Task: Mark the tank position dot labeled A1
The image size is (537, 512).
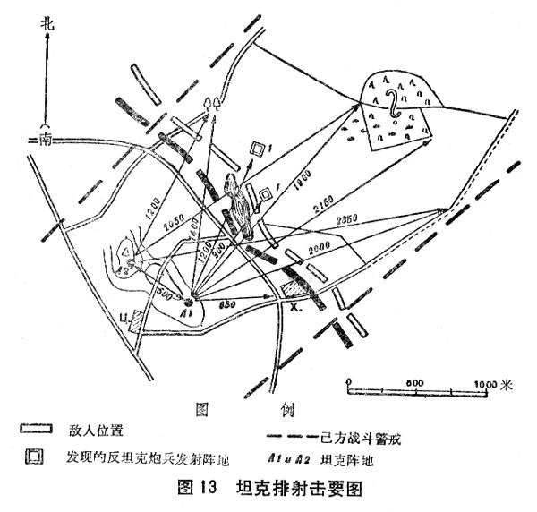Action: pos(188,302)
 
